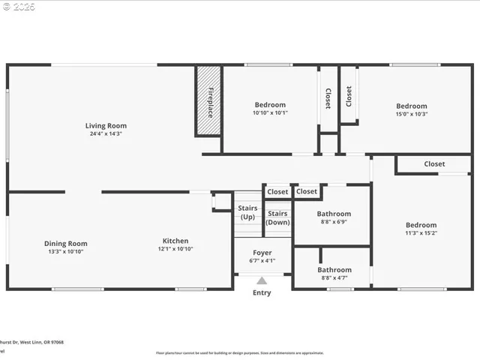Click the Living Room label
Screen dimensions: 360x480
pyautogui.click(x=106, y=126)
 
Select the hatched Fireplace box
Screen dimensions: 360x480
pyautogui.click(x=209, y=100)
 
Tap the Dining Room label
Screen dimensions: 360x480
pyautogui.click(x=65, y=243)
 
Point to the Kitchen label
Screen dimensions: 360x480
pyautogui.click(x=175, y=241)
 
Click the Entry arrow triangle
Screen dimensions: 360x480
pyautogui.click(x=262, y=280)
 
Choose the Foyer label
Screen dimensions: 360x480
pyautogui.click(x=262, y=253)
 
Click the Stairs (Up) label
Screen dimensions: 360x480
pyautogui.click(x=247, y=212)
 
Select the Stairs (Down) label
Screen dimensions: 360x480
pyautogui.click(x=278, y=217)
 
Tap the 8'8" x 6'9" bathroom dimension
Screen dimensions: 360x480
pyautogui.click(x=334, y=223)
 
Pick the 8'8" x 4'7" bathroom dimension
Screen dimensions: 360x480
pyautogui.click(x=334, y=278)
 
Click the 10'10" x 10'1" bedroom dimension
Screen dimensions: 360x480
pyautogui.click(x=270, y=113)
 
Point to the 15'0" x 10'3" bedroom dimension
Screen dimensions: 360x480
pyautogui.click(x=412, y=115)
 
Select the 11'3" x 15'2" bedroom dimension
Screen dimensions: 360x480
pyautogui.click(x=421, y=233)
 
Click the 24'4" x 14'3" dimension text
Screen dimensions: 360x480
pyautogui.click(x=106, y=134)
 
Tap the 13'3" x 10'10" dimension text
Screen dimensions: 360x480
pyautogui.click(x=65, y=251)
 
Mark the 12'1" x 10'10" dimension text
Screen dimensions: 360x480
pyautogui.click(x=175, y=249)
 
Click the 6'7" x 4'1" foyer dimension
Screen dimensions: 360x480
pyautogui.click(x=262, y=261)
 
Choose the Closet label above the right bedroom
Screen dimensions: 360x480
pyautogui.click(x=434, y=163)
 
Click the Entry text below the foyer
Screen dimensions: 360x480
pyautogui.click(x=262, y=292)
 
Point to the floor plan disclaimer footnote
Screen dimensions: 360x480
pyautogui.click(x=240, y=352)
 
